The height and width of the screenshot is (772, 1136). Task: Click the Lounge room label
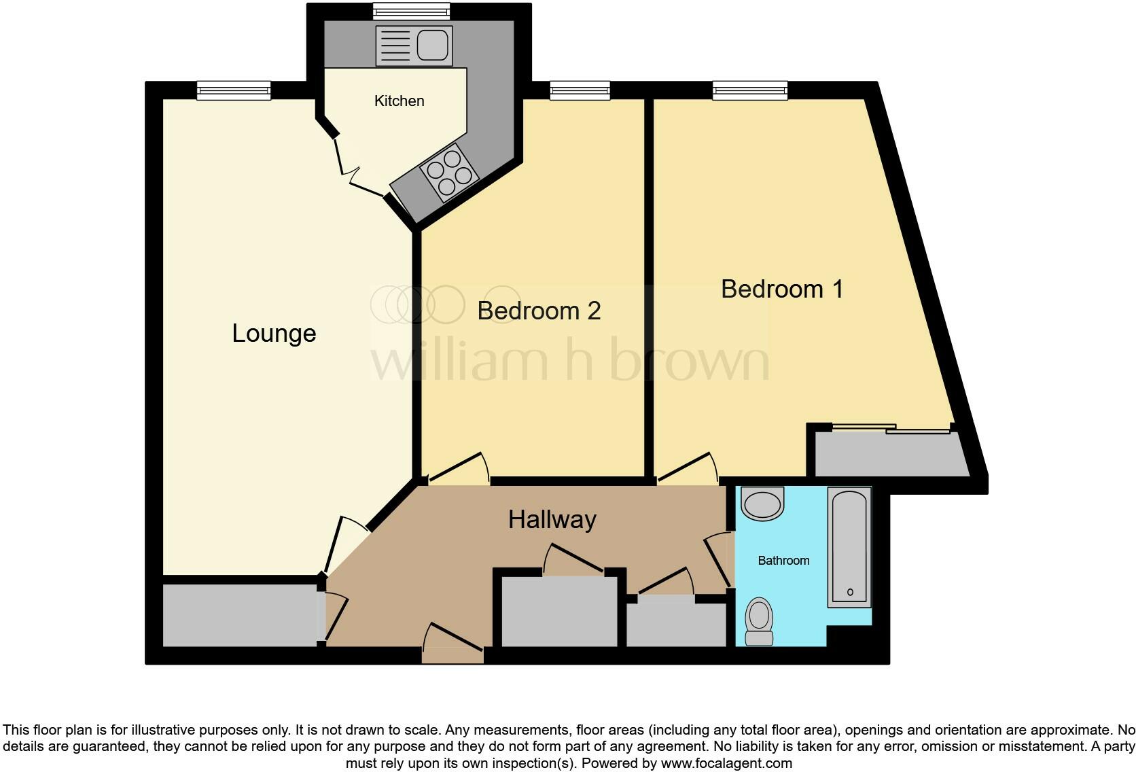(274, 334)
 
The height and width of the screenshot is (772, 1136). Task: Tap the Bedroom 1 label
(781, 289)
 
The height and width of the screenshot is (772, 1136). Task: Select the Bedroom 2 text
(539, 311)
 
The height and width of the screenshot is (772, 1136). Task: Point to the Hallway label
(552, 520)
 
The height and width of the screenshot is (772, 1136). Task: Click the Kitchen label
(399, 101)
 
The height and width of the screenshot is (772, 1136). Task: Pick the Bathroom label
(783, 561)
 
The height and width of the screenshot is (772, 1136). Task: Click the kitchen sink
(414, 46)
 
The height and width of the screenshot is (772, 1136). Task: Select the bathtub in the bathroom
(849, 547)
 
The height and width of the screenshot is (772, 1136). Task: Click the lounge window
(234, 90)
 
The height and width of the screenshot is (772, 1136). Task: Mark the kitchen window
(411, 12)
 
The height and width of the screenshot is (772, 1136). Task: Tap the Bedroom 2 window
(580, 90)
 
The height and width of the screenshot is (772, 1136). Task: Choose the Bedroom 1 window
(749, 90)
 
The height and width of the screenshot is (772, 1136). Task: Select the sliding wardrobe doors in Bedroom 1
(890, 429)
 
